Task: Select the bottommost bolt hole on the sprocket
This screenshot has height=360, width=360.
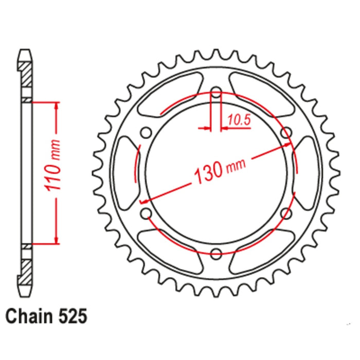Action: point(216,253)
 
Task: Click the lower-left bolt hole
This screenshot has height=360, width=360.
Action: point(147,212)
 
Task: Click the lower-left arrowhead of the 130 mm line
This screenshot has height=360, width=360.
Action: point(147,200)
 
